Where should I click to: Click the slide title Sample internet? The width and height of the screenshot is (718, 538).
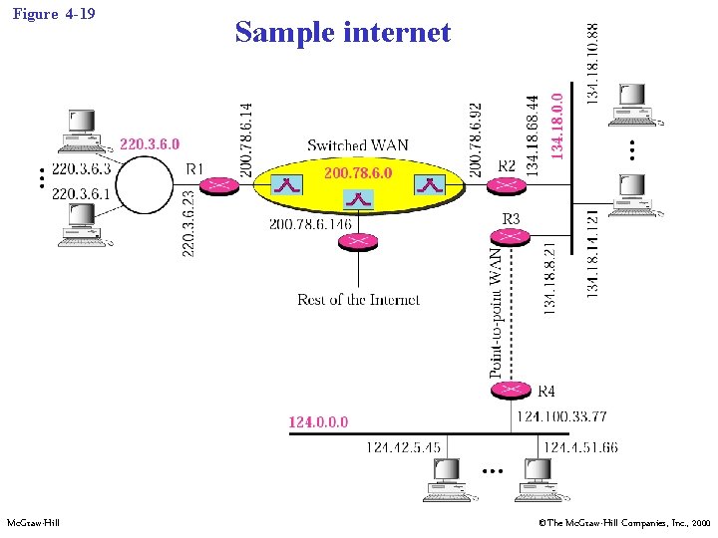[343, 33]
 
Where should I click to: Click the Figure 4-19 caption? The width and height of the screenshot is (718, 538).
[55, 14]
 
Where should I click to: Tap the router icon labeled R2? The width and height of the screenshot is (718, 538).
[509, 185]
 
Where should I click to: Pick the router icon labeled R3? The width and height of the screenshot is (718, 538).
[510, 236]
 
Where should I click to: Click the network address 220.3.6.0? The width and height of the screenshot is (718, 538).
[150, 145]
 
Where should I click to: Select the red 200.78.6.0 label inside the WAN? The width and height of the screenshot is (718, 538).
[358, 173]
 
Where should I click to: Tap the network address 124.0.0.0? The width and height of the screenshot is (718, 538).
[318, 422]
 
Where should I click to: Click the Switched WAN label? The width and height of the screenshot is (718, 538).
[358, 145]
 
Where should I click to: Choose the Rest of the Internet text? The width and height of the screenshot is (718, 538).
[358, 299]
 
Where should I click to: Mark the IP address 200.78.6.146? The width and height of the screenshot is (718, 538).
[310, 224]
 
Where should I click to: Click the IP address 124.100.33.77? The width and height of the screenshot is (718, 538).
[561, 416]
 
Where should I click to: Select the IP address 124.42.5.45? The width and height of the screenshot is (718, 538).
[404, 447]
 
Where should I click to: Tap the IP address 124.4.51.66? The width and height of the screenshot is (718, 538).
[579, 447]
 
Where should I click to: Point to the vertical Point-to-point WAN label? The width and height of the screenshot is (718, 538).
[496, 312]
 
